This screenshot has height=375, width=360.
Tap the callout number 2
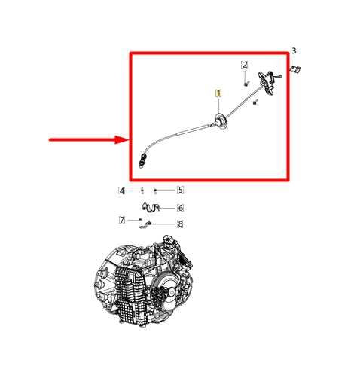pos(245,66)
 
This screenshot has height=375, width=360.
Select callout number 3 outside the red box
pos(294,50)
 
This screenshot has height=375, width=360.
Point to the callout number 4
pos(121,190)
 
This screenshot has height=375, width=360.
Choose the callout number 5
pos(180,190)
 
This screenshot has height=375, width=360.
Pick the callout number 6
pos(180,208)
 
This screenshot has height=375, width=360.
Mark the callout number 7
pos(121,220)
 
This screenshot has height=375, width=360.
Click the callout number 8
pos(180,224)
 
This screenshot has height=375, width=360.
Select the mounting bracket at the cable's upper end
pos(266,79)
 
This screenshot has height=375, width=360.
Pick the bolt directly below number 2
pos(245,81)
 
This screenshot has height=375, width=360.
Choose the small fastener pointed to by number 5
pos(155,190)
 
